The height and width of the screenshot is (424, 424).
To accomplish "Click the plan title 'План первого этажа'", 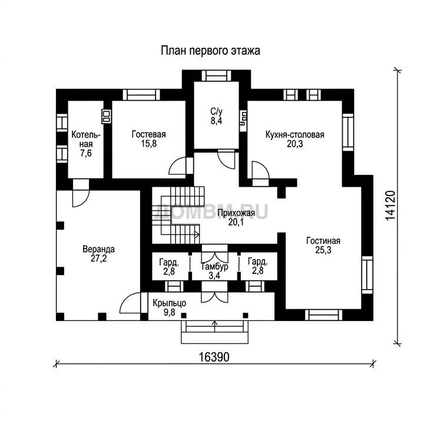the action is pos(210,51).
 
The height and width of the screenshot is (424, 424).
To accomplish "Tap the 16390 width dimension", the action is pos(214,357).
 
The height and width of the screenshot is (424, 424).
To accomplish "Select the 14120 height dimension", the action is pos(390,206).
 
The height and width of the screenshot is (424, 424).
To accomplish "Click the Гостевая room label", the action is pos(149,134).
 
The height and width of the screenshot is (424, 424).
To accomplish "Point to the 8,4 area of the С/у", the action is pos(216,121).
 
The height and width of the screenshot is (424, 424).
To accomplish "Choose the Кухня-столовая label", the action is pos(295,134).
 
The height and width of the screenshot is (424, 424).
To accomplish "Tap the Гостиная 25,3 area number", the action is pos(323,250).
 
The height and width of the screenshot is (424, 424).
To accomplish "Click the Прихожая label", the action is pos(236,213).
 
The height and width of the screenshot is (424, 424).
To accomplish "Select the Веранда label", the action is pos(99,249).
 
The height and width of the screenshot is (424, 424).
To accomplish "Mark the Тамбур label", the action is pos(215,267).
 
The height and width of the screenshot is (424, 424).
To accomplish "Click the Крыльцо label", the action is pos(169,303).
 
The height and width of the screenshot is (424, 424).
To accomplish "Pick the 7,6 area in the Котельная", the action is pos(86,153).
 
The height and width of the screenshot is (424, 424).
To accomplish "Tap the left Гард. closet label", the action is pos(169,262).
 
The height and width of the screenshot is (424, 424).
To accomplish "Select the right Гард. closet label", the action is pos(258,261).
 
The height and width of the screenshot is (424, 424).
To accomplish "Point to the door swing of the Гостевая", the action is pos(177,165).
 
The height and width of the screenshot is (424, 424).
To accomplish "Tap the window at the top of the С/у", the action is pos(216,75).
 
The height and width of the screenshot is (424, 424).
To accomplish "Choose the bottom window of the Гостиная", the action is pos(323,315).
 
